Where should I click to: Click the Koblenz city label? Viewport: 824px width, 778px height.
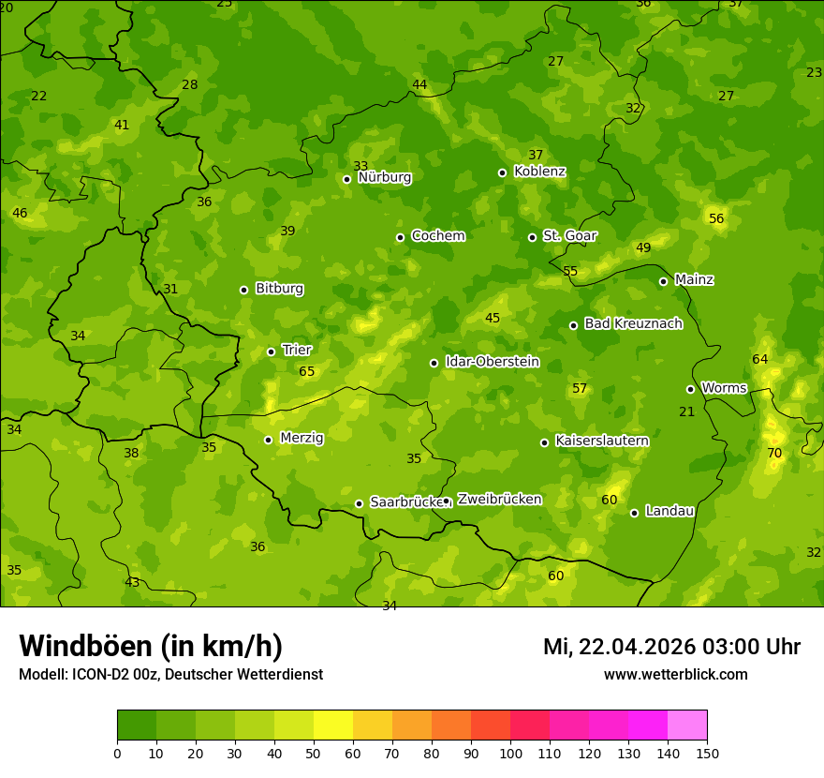click(x=539, y=172)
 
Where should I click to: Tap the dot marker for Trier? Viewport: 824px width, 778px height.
click(x=272, y=352)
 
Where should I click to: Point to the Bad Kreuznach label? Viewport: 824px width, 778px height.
click(x=633, y=323)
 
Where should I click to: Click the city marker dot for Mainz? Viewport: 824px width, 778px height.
click(x=663, y=281)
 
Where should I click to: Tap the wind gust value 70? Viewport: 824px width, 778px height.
click(x=774, y=453)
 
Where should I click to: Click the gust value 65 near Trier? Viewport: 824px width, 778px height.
click(x=307, y=371)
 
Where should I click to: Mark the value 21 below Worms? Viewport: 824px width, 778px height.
click(x=687, y=411)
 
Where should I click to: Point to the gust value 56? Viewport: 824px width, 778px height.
click(x=716, y=218)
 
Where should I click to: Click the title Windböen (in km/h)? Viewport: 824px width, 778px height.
click(x=151, y=646)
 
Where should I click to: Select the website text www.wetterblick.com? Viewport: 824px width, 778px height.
click(x=675, y=675)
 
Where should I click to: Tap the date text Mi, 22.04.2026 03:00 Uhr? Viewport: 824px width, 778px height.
click(x=671, y=647)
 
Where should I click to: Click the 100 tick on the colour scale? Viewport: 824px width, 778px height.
click(x=510, y=753)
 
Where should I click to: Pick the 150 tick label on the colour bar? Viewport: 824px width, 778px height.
click(x=707, y=753)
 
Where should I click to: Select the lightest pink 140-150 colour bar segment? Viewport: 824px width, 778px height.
click(x=687, y=726)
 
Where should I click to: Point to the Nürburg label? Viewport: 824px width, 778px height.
click(x=384, y=177)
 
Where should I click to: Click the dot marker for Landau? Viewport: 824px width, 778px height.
click(x=634, y=513)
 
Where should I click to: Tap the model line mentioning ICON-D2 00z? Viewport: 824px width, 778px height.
click(x=170, y=675)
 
